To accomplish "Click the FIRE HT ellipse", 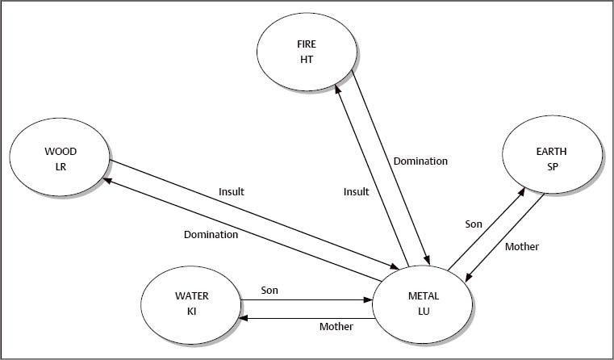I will point(306,52).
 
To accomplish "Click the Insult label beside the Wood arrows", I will point(231,191).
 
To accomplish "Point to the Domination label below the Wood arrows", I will point(211,235).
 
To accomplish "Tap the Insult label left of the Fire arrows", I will point(356,191).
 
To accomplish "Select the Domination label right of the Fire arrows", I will point(420,161).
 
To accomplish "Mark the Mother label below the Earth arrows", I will point(521,246).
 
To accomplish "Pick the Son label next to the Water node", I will point(269,288).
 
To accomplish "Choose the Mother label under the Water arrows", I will point(336,328).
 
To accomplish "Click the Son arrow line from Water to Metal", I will point(307,299).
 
